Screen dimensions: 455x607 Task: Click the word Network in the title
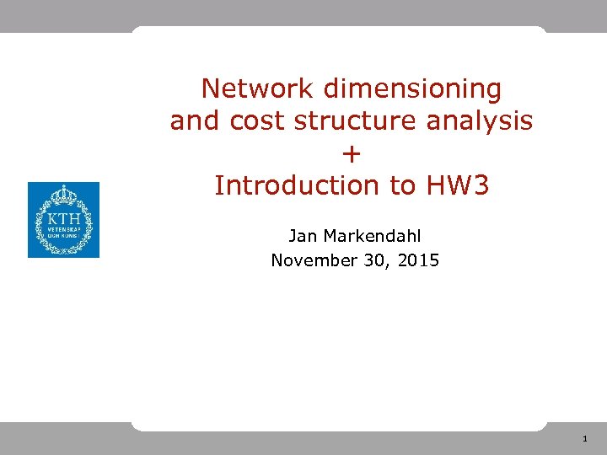[254, 88]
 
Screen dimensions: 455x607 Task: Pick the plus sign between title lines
[352, 153]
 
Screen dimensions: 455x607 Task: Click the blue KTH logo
[63, 220]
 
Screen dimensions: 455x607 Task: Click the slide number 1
[584, 439]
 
